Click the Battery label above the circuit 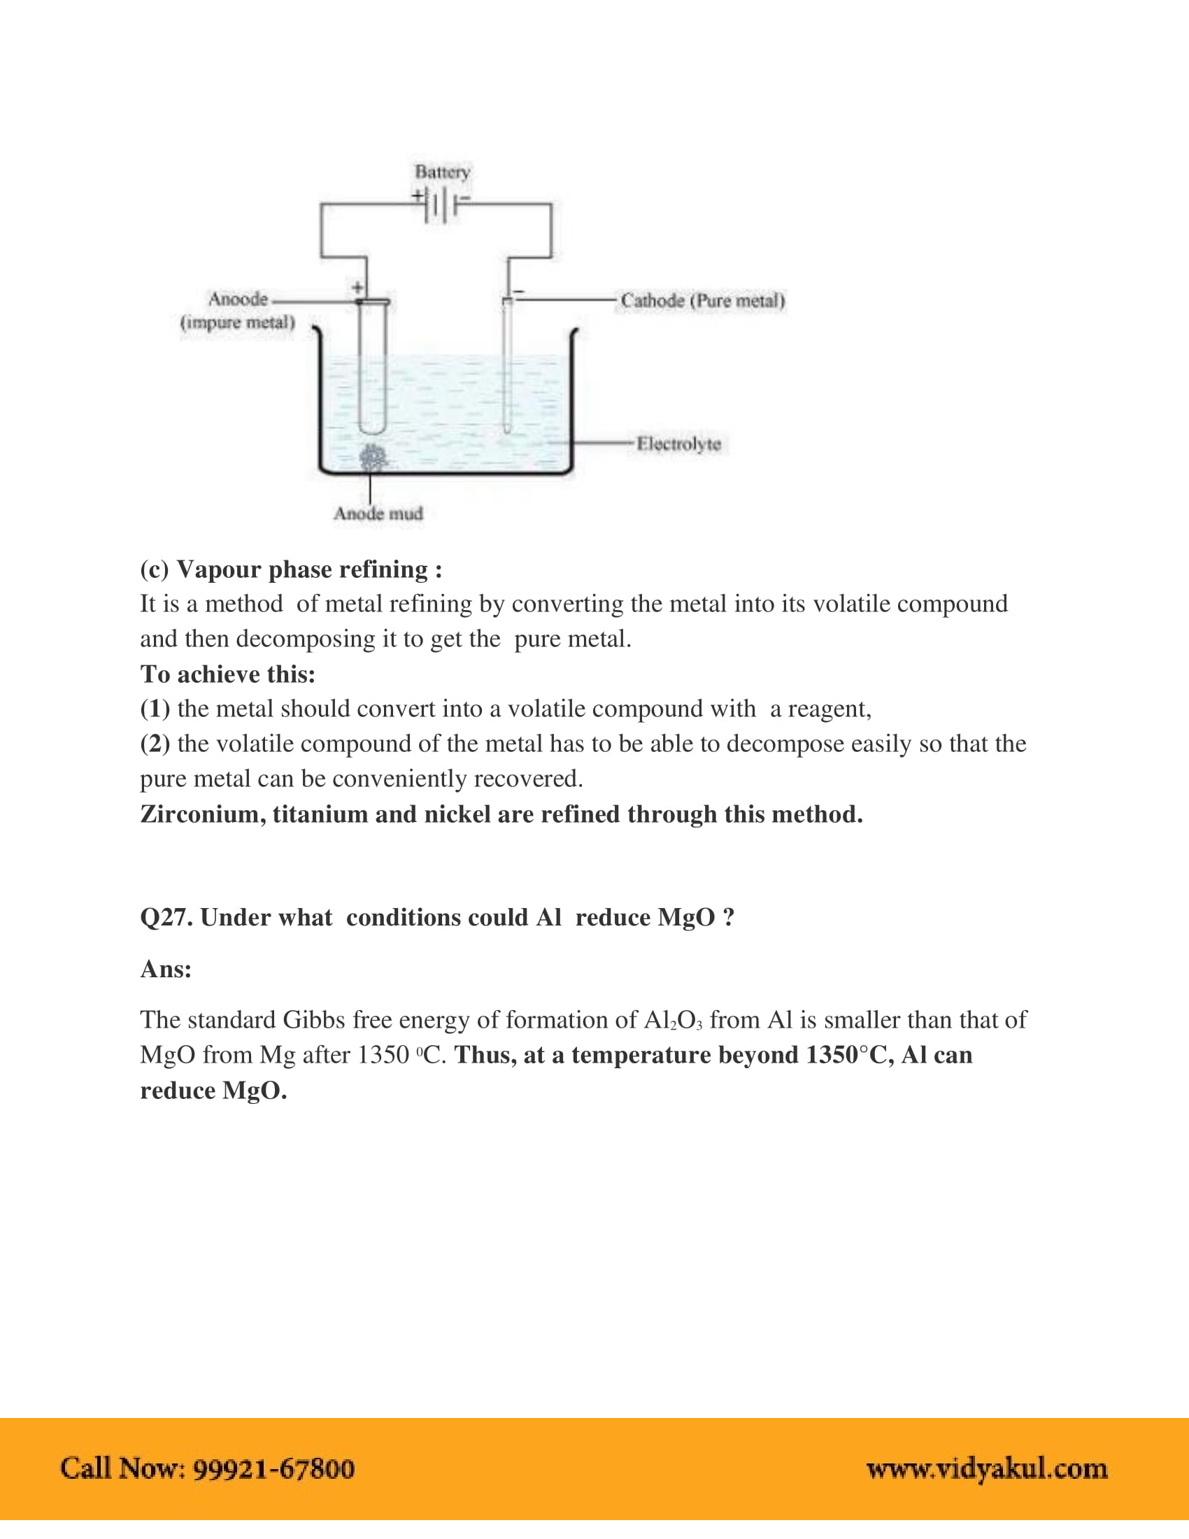click(x=441, y=172)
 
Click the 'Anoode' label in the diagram click(x=238, y=299)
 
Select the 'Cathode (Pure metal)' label click(x=702, y=301)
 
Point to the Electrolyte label click(x=678, y=444)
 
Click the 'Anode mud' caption click(x=378, y=513)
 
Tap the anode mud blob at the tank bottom click(x=373, y=458)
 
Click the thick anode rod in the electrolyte click(x=372, y=367)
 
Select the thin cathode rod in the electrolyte click(x=506, y=367)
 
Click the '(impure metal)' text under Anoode click(x=237, y=322)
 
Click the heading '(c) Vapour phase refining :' click(x=291, y=569)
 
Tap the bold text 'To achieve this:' click(x=227, y=674)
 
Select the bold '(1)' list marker click(x=155, y=708)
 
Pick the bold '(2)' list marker click(x=155, y=744)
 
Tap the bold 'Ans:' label click(x=166, y=969)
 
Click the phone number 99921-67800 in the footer click(x=273, y=1468)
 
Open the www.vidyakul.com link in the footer click(x=986, y=1468)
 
